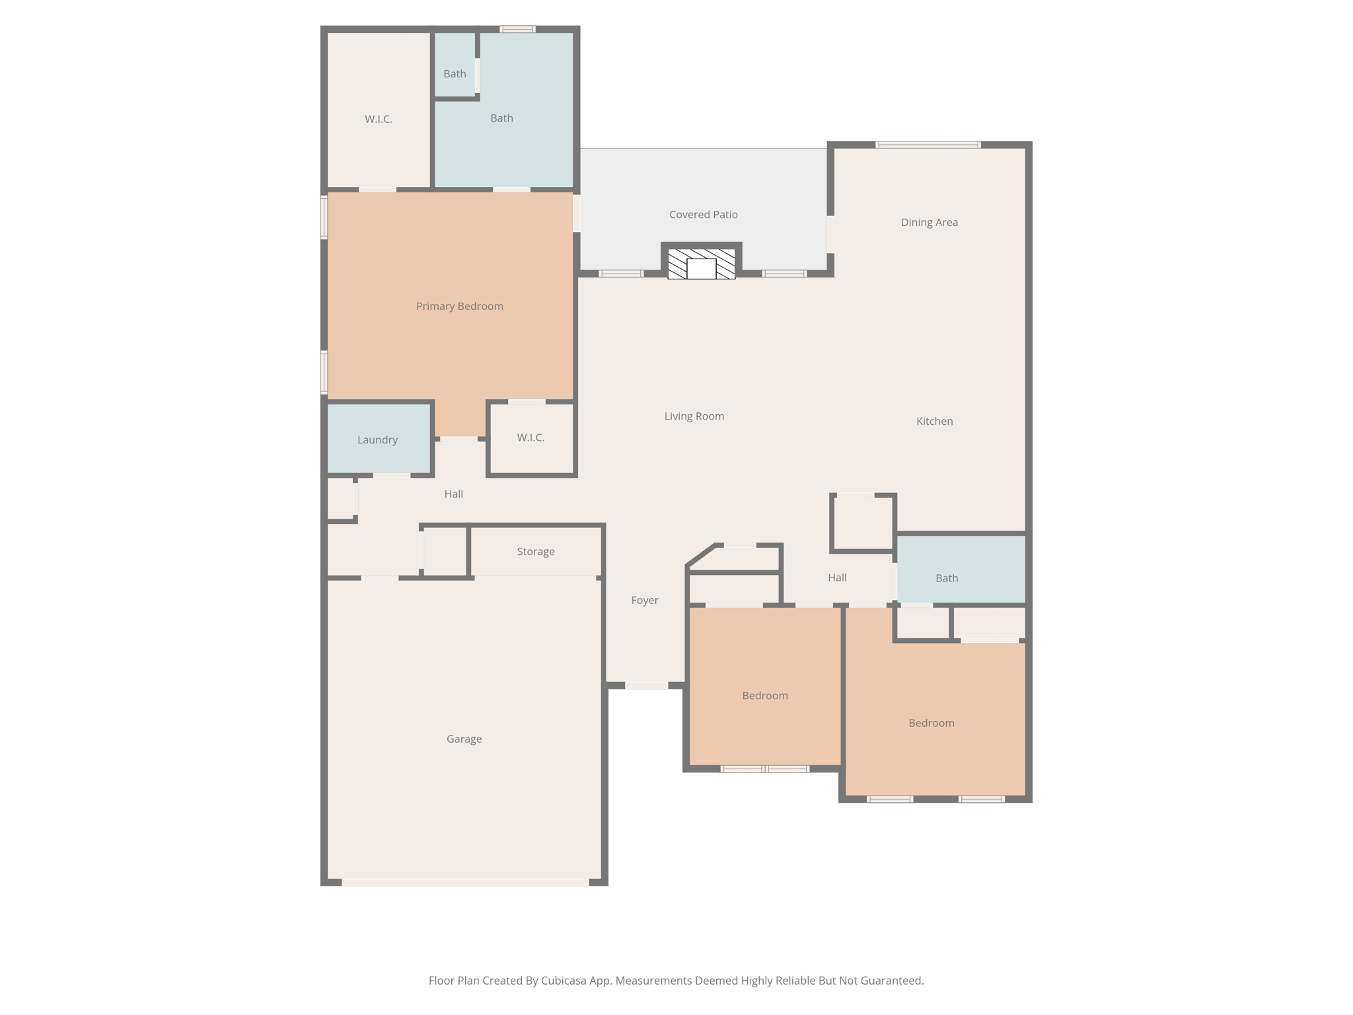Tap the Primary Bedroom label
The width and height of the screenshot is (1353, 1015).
[x=459, y=306]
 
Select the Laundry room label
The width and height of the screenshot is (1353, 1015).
[x=377, y=440]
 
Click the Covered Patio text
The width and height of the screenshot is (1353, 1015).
[x=703, y=215]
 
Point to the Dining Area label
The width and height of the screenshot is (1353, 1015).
[x=929, y=223]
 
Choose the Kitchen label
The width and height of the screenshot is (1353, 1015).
[x=934, y=422]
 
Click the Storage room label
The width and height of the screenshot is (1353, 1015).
[x=535, y=552]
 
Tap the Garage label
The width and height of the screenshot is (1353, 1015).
[x=464, y=739]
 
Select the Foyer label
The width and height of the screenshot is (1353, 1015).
[x=644, y=601]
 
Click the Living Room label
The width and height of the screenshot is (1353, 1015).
[x=694, y=416]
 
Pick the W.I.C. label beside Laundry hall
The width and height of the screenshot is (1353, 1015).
[x=530, y=438]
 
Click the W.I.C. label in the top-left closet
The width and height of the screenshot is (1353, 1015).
[x=379, y=120]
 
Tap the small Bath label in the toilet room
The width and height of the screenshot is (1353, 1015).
[x=455, y=74]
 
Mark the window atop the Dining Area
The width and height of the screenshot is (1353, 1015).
[x=928, y=145]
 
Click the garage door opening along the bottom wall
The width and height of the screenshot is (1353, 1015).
[x=465, y=882]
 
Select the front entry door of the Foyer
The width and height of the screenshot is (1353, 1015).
[x=646, y=686]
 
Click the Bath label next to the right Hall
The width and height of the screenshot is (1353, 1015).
[x=946, y=579]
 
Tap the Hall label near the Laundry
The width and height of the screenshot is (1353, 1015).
[x=453, y=494]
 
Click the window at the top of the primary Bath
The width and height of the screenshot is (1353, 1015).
[x=517, y=29]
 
